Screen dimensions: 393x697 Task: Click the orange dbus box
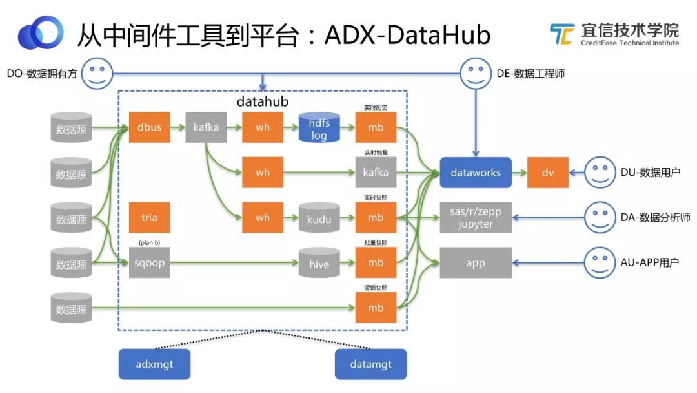coord(149,127)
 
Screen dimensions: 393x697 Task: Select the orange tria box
coord(149,218)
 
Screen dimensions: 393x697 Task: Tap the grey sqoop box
coord(149,263)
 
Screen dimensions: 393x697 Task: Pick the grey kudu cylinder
coord(319,218)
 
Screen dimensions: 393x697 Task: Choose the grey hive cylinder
coord(319,264)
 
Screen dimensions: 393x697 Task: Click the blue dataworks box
coord(476,173)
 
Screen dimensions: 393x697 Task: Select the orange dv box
coord(547,173)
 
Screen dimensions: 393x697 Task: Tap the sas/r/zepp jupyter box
coord(476,218)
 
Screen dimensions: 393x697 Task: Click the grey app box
coord(476,263)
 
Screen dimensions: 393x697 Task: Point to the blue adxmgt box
coord(154,365)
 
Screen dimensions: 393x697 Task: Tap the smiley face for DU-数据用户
coord(600,173)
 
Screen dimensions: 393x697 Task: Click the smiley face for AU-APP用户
coord(600,262)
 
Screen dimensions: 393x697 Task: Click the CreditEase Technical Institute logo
coord(614,34)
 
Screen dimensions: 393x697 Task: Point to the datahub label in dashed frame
coord(263,101)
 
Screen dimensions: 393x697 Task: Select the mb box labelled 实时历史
coord(376,127)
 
